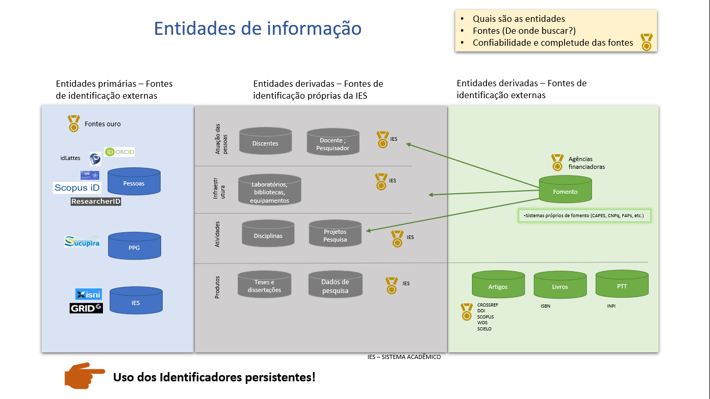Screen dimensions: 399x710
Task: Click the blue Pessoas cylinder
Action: point(134,182)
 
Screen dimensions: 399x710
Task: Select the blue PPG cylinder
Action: point(134,246)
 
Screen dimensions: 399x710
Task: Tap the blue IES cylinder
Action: point(136,301)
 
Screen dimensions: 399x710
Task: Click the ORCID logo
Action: point(120,152)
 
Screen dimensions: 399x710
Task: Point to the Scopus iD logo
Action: point(77,188)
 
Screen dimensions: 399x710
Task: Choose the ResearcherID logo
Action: point(96,202)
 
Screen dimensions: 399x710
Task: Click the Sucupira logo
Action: point(82,242)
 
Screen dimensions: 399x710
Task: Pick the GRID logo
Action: point(86,308)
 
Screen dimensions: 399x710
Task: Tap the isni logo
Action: point(88,295)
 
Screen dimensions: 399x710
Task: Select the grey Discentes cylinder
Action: point(265,142)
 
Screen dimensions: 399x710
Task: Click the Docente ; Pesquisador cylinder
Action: point(333,143)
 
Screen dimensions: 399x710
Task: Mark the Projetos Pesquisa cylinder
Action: point(335,234)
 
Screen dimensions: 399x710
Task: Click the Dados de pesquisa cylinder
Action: point(335,285)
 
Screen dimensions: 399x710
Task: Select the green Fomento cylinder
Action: point(565,190)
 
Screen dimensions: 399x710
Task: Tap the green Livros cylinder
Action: point(560,285)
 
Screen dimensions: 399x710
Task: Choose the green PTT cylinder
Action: point(622,285)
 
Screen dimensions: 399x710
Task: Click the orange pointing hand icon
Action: point(77,375)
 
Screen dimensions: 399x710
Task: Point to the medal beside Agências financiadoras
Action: point(557,163)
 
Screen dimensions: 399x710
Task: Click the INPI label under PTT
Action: point(611,306)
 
